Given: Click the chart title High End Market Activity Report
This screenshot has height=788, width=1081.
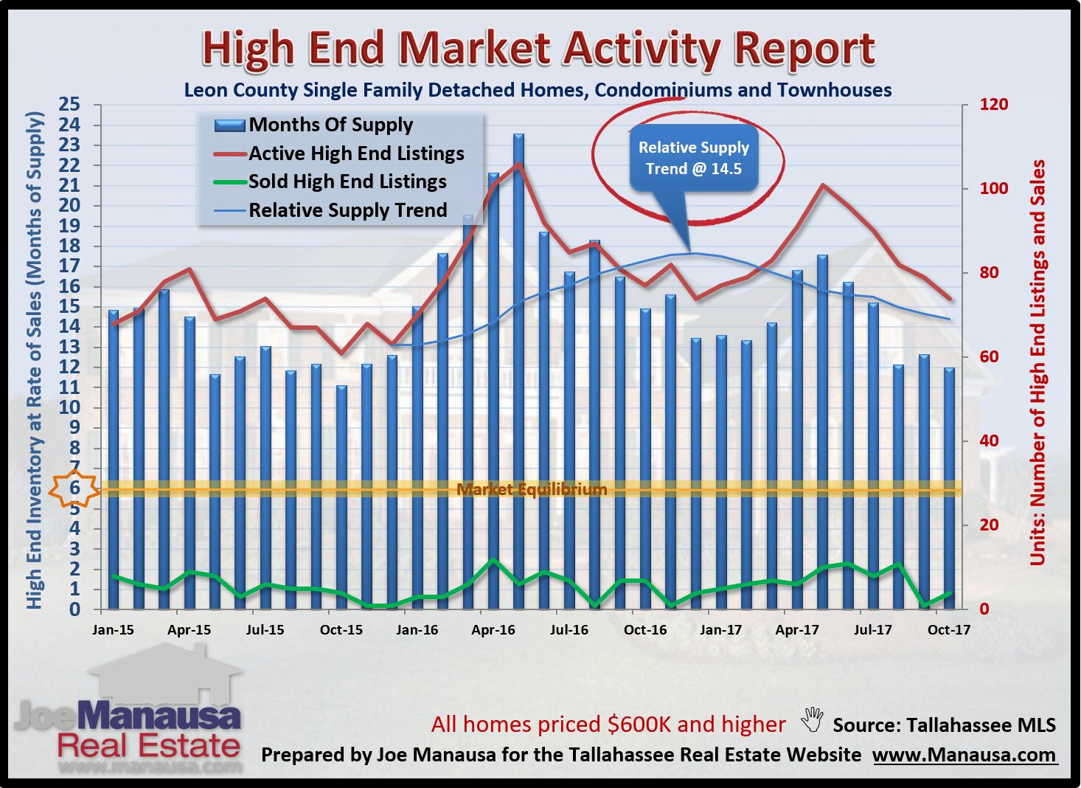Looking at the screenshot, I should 538,49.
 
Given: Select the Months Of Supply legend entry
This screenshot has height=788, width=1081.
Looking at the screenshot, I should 330,125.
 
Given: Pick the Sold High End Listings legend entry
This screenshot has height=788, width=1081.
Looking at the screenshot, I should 347,182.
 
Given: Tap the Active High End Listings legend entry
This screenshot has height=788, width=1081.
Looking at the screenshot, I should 356,153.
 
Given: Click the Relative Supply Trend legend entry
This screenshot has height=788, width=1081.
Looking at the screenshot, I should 347,210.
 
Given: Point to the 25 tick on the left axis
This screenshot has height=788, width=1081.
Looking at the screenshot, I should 70,104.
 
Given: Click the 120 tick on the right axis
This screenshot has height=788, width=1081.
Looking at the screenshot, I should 993,105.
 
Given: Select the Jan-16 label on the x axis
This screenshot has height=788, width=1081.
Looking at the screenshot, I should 417,630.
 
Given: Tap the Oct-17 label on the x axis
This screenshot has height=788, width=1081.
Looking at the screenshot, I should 948,630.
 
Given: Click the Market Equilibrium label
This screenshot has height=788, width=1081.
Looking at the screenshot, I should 532,489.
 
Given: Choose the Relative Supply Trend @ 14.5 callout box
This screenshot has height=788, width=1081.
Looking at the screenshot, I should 693,159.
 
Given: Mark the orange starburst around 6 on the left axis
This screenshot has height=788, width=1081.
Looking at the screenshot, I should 74,488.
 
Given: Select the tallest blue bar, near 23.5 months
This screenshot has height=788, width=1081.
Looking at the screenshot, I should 519,369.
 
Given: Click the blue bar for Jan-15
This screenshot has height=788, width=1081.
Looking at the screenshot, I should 114,457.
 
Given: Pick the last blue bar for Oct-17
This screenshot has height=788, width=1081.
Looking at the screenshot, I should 949,487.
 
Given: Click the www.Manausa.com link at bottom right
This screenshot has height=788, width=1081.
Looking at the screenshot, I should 964,756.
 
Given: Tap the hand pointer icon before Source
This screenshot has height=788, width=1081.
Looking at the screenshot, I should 812,719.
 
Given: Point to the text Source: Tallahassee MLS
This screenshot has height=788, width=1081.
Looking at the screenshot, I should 944,725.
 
